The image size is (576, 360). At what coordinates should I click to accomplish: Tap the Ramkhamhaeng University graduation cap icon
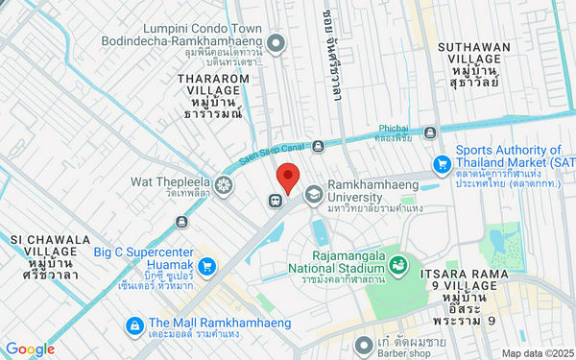(x=313, y=195)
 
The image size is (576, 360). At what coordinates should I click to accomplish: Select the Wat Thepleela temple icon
(x=225, y=184)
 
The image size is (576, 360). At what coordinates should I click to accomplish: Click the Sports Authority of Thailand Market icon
(x=442, y=163)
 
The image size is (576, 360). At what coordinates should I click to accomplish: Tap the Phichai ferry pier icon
(x=431, y=132)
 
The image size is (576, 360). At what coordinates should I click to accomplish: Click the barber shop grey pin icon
(x=362, y=343)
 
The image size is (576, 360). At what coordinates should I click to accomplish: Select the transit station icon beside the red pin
(x=276, y=201)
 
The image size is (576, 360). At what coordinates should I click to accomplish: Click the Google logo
(x=30, y=348)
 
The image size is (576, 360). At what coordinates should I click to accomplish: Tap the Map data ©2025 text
(x=534, y=352)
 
